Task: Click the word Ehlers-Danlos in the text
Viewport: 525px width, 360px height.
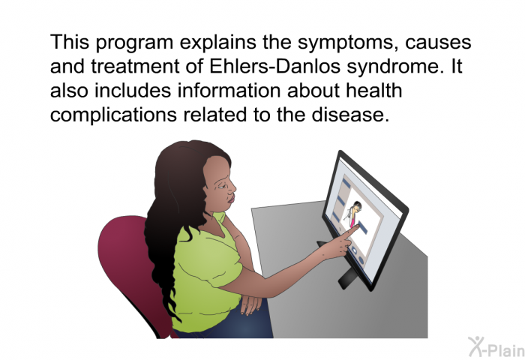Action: click(x=275, y=66)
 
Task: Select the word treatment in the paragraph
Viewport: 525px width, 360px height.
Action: click(x=135, y=66)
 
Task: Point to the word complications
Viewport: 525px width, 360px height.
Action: click(x=113, y=115)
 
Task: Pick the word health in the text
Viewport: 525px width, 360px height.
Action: click(x=373, y=91)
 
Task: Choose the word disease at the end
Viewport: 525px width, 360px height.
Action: click(x=350, y=115)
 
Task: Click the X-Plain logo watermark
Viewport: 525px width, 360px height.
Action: click(x=496, y=346)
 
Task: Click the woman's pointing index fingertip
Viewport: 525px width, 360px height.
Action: click(x=357, y=227)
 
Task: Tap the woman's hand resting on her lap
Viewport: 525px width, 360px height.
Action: click(x=251, y=304)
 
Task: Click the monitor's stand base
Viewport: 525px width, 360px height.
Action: click(x=346, y=277)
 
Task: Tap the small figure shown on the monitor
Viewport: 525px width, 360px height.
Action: click(x=353, y=213)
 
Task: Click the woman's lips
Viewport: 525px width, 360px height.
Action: click(x=231, y=200)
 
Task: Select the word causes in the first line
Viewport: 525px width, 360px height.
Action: click(x=438, y=43)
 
